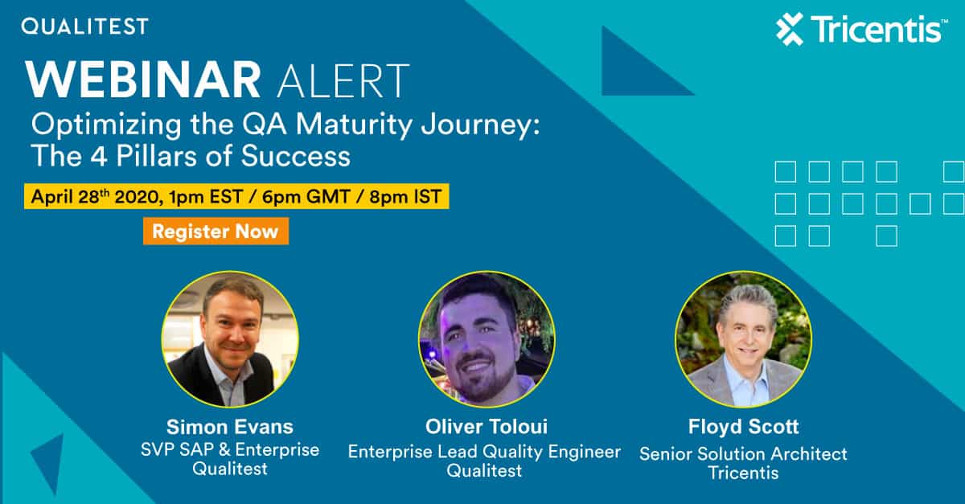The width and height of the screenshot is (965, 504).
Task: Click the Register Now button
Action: coord(216,232)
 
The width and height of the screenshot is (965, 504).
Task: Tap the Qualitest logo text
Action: coord(85,27)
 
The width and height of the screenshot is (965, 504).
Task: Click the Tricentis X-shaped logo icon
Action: coord(790,29)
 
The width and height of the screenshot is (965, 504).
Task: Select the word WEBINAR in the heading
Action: coord(143,80)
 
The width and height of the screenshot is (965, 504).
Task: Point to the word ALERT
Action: coord(343,81)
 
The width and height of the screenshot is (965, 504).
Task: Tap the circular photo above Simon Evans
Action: coord(230,339)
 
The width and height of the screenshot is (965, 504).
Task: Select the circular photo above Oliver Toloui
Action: coord(487,339)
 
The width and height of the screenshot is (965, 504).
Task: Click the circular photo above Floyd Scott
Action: coord(743,339)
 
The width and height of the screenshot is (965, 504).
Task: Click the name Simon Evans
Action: coord(230,427)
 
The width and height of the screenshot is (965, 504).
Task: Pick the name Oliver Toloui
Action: coord(487,427)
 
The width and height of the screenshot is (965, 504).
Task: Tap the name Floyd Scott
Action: coord(744,427)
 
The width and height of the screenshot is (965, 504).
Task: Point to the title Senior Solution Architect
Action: coord(744,454)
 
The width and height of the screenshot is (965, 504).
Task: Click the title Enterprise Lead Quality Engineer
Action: coord(484,452)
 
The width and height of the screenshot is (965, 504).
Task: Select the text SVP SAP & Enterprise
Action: coord(230,449)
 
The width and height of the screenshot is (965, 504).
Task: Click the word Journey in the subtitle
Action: coord(480,125)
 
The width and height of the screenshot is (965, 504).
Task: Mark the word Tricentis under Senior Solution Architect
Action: coord(744,473)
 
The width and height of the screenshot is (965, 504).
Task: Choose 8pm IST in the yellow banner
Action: coord(405,197)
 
